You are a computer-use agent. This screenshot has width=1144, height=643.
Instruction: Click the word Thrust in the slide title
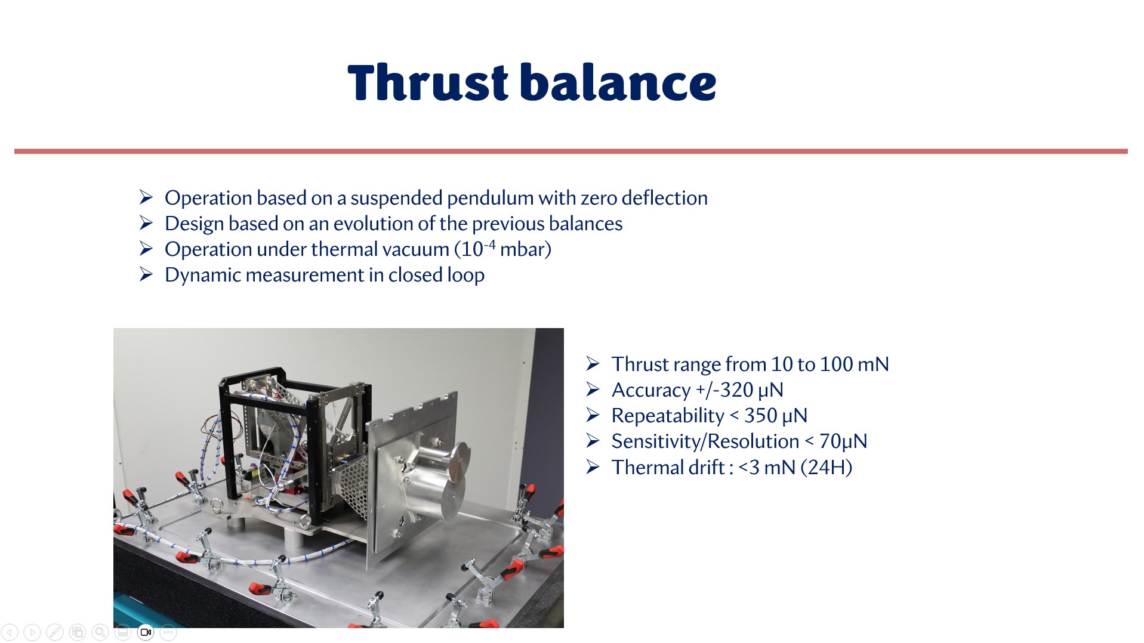click(428, 82)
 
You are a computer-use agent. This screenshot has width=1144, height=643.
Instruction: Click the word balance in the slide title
click(618, 82)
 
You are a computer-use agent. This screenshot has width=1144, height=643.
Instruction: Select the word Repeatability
click(668, 416)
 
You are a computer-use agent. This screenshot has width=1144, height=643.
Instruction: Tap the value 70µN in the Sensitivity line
click(843, 441)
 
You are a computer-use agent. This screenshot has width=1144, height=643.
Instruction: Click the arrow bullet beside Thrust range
click(593, 364)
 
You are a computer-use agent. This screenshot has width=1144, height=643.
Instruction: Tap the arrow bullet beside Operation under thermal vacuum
click(146, 249)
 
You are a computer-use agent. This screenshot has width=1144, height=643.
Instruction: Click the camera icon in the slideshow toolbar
click(146, 632)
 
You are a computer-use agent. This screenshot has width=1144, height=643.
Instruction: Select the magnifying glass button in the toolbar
click(100, 632)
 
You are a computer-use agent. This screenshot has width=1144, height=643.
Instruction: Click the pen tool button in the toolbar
click(55, 632)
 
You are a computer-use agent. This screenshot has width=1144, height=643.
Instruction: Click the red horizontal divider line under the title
click(571, 152)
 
